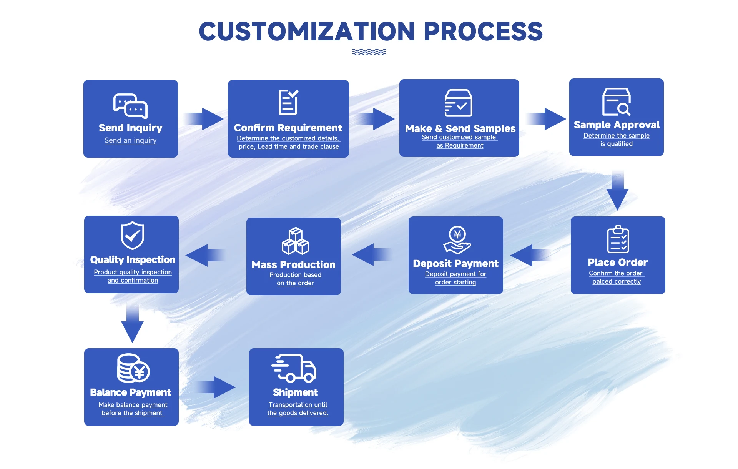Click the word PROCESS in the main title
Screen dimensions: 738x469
coord(483,31)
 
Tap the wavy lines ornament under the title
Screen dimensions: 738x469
coord(369,52)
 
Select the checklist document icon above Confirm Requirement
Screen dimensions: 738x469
coord(288,102)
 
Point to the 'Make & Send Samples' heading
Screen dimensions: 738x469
coord(460,128)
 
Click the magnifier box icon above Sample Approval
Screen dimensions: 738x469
coord(617,102)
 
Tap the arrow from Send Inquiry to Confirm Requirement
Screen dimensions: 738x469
coord(203,119)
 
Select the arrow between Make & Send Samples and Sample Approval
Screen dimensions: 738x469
coord(546,119)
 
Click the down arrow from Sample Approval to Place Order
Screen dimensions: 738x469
coord(617,190)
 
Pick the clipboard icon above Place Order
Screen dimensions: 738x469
coord(618,239)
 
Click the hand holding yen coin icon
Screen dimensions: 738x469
coord(457,240)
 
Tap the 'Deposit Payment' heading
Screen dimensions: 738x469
coord(456,264)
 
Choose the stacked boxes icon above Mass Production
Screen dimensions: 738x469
coord(295,241)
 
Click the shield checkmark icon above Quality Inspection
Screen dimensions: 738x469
coord(133,235)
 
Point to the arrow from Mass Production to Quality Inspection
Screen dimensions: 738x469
coord(206,255)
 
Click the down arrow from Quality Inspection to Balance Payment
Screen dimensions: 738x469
coord(132,323)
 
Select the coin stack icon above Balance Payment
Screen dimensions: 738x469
coord(133,368)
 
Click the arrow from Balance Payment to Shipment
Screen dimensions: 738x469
coord(215,387)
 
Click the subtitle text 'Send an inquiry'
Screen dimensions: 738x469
coord(131,140)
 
